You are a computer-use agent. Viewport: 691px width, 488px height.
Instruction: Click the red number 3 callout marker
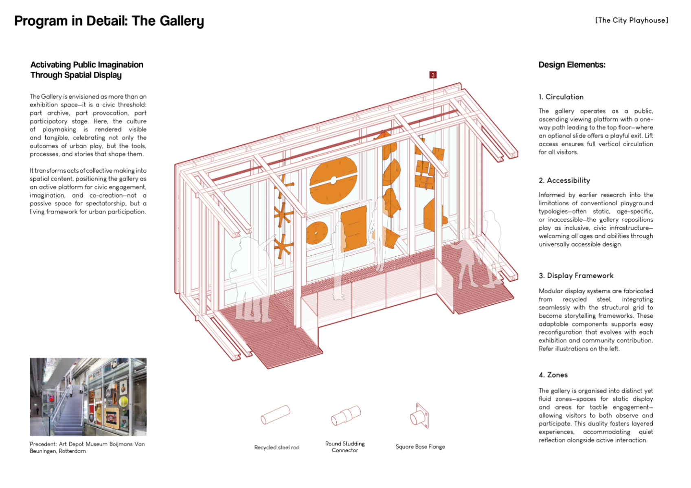point(433,75)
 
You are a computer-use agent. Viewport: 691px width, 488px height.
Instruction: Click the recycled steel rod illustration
point(275,415)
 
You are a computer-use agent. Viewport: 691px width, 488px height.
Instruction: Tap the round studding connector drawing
point(346,415)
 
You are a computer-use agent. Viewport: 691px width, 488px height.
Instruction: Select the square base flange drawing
point(419,416)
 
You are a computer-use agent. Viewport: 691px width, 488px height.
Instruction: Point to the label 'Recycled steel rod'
point(276,447)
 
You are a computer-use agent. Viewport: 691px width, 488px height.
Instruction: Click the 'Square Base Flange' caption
point(420,446)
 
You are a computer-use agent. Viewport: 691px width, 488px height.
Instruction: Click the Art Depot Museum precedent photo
point(88,397)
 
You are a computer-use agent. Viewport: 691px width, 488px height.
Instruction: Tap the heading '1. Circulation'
point(561,97)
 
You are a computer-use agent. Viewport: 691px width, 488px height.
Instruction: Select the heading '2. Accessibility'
point(564,180)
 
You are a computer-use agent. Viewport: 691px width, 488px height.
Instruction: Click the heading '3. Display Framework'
point(576,276)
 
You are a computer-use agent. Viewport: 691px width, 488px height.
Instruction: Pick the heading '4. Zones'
point(553,375)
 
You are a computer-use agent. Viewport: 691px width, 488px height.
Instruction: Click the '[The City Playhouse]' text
point(632,20)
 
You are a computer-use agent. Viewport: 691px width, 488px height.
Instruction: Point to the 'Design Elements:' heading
point(572,65)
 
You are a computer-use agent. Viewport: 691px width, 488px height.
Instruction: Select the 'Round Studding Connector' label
point(345,447)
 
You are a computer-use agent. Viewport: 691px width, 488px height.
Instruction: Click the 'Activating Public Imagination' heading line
point(87,65)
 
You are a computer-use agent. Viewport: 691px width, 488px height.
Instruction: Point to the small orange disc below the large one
point(317,233)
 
